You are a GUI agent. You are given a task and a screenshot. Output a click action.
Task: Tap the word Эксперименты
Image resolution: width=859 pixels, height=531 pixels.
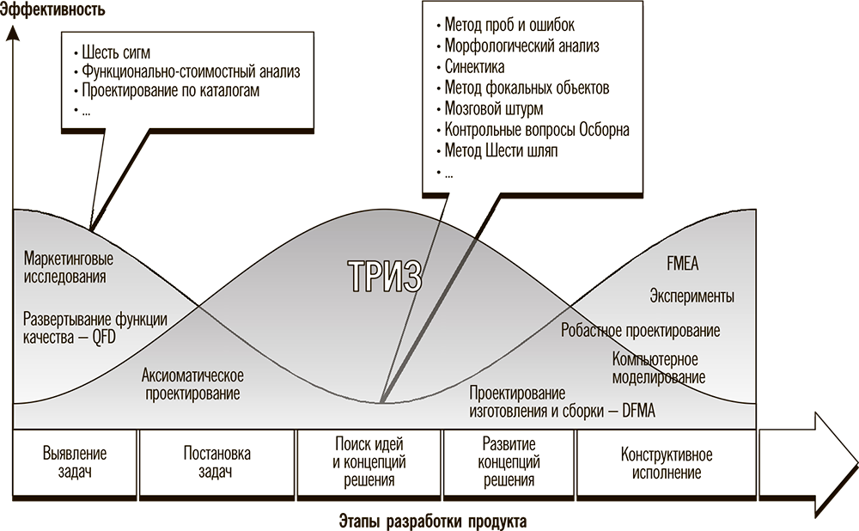pos(691,296)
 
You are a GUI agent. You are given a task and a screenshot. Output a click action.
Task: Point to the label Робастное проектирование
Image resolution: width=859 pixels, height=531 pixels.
pos(640,330)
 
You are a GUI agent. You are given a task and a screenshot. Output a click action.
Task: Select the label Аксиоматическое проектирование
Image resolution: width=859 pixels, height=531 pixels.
pos(192,384)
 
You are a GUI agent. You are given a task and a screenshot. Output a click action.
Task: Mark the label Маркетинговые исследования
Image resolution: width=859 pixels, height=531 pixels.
pos(70,267)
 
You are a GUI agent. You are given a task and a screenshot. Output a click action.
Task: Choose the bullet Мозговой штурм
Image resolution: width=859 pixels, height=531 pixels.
pos(494,109)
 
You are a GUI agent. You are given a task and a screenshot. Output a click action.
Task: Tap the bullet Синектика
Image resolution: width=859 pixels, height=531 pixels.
pos(474,67)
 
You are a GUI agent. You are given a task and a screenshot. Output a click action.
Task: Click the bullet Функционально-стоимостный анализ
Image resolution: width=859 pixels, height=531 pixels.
pos(192,70)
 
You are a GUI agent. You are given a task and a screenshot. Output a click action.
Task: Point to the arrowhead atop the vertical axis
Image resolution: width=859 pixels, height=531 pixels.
pos(13,34)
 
